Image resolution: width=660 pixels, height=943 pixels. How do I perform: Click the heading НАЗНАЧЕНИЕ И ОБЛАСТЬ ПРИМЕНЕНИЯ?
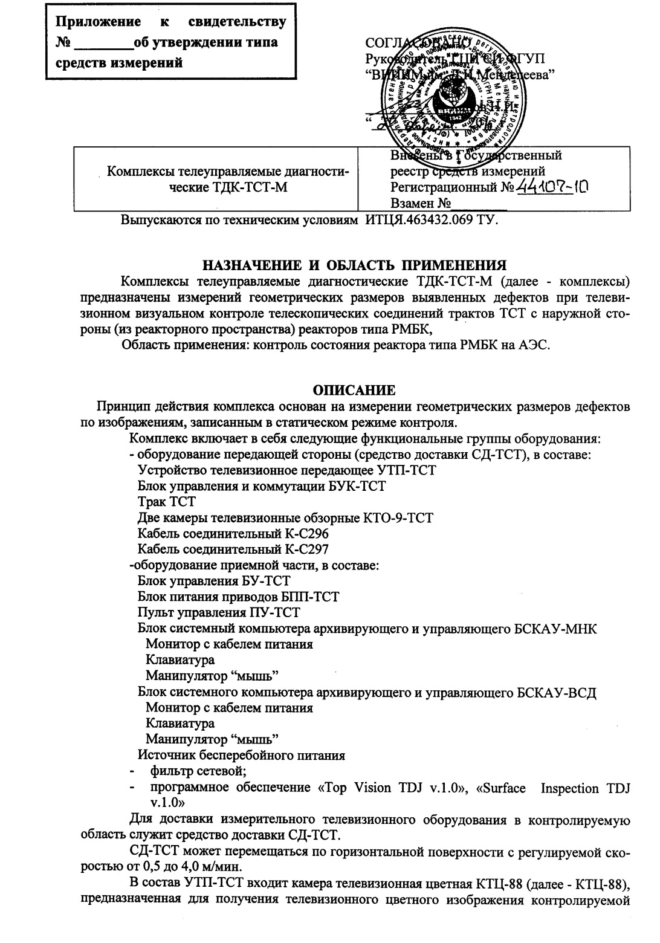354,265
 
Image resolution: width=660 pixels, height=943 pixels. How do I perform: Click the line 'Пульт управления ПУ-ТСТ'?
219,613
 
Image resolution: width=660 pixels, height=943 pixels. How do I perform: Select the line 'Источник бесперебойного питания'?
242,756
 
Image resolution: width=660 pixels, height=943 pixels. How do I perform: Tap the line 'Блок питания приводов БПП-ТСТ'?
238,597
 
